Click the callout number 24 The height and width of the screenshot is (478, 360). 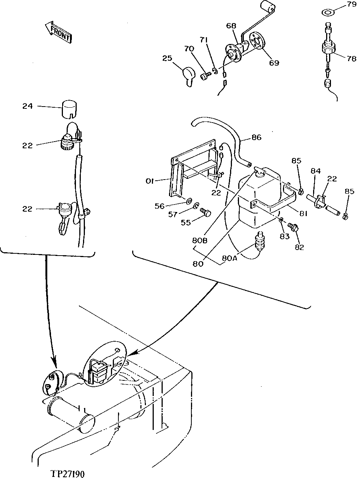[x=27, y=106]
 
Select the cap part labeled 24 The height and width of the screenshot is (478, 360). [x=70, y=108]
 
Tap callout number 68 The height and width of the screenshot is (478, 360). [x=231, y=26]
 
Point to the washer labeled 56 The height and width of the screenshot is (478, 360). [x=188, y=202]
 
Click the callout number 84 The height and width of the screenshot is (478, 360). [x=316, y=171]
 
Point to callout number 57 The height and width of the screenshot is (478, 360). [x=183, y=213]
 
